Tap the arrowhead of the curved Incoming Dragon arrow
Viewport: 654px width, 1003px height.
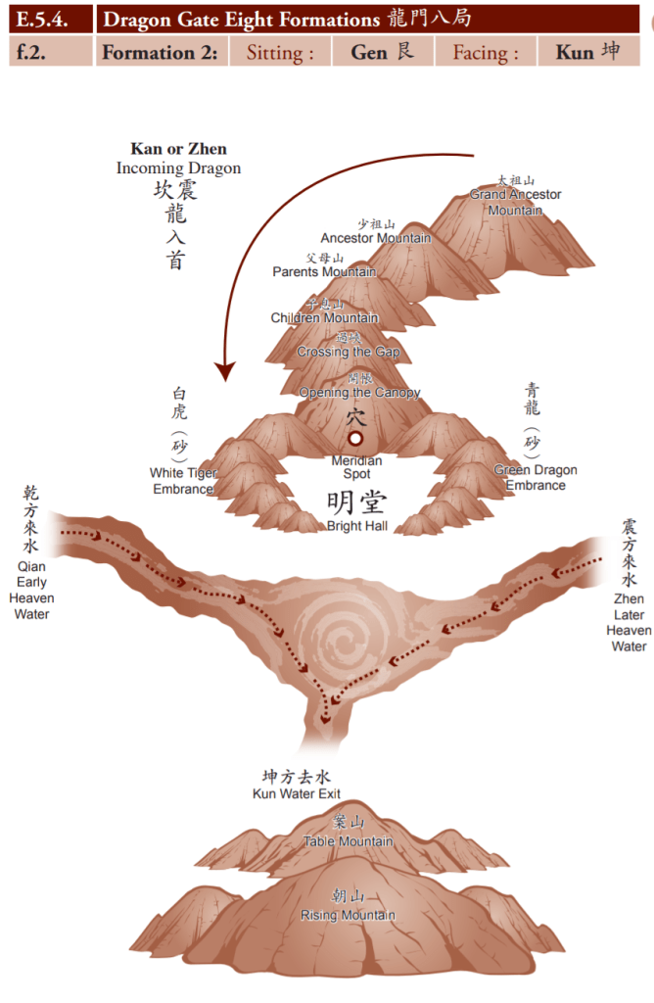click(x=225, y=371)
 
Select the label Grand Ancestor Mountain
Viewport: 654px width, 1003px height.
click(x=515, y=202)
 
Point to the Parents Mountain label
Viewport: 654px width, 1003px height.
click(x=324, y=271)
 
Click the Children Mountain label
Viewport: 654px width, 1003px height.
click(x=324, y=317)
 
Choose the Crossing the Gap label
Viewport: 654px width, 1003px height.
click(x=349, y=352)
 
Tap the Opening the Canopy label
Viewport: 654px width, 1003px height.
click(x=359, y=392)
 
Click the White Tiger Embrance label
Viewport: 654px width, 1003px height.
click(x=183, y=480)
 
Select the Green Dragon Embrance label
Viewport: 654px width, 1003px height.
click(x=536, y=477)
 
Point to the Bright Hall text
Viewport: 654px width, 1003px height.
click(x=356, y=526)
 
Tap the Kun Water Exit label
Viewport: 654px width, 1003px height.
click(x=297, y=793)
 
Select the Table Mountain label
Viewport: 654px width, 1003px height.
click(x=349, y=840)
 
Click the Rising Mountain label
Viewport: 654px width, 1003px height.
click(x=349, y=915)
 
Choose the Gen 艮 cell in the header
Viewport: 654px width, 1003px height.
click(x=382, y=52)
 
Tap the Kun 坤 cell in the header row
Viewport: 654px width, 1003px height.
click(x=587, y=52)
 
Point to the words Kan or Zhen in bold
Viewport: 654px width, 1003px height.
click(x=178, y=149)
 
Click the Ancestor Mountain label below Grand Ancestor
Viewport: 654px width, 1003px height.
click(x=375, y=237)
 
